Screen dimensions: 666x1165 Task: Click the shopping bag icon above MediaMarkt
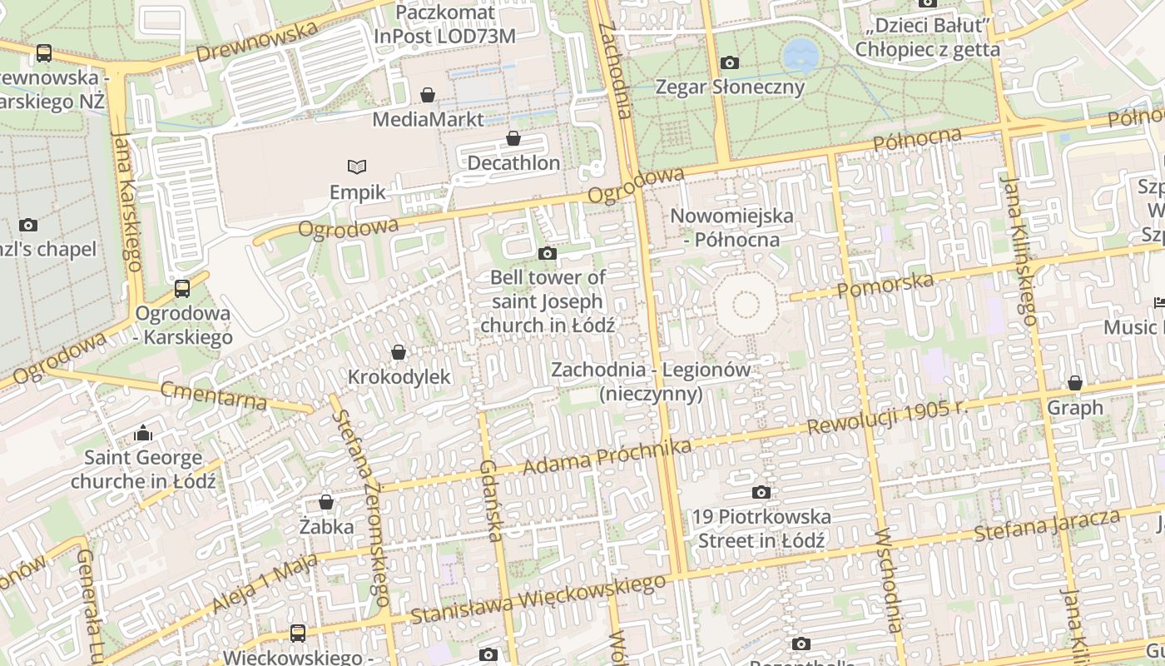[428, 95]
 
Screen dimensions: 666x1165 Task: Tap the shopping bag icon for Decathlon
[513, 138]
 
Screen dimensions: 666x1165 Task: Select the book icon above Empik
[357, 166]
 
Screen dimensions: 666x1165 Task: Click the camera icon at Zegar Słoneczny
[730, 62]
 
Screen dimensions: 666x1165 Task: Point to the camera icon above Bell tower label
[548, 253]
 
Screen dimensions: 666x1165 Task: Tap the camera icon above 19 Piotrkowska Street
[761, 493]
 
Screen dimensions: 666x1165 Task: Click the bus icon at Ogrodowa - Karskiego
[182, 289]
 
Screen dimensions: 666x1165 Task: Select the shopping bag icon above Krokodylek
[399, 352]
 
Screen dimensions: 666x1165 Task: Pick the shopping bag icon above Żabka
[326, 502]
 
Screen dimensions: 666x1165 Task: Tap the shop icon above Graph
[1075, 383]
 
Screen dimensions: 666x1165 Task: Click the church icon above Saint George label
[143, 433]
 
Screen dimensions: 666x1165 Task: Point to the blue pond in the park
[801, 55]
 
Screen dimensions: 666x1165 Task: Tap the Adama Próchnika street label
[607, 457]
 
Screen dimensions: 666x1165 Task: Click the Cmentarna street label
[214, 395]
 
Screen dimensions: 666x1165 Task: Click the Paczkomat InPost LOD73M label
[445, 24]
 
